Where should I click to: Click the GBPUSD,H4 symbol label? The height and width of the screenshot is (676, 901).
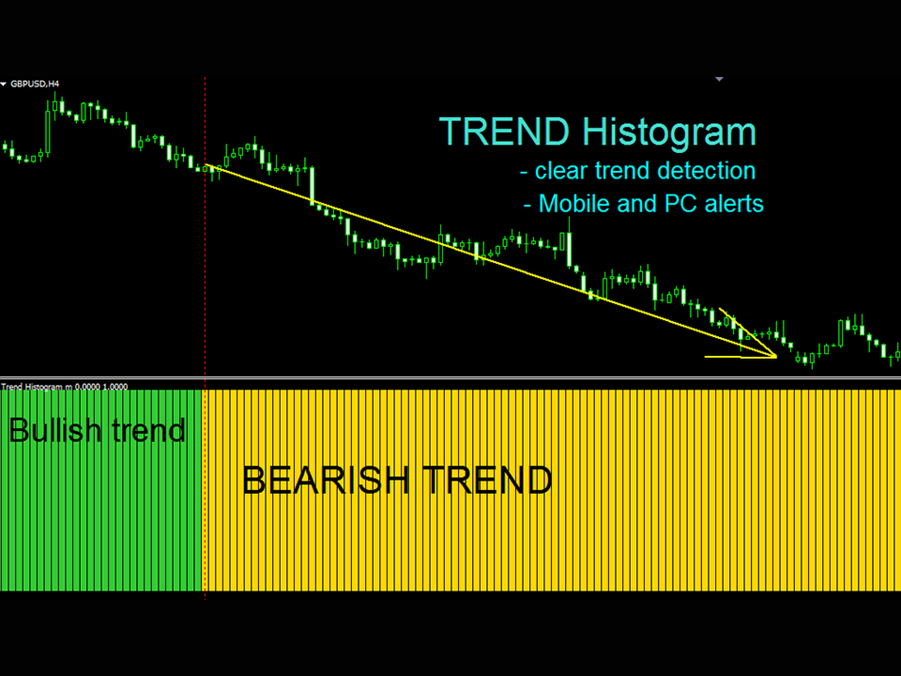coord(35,84)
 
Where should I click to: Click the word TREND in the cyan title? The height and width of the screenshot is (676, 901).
coord(505,131)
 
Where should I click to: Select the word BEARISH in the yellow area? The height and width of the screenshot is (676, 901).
coord(327,480)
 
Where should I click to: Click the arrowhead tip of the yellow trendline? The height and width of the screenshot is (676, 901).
coord(776,357)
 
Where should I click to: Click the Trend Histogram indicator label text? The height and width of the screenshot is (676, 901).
coord(65,387)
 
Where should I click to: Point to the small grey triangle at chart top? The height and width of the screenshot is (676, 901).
coord(719,79)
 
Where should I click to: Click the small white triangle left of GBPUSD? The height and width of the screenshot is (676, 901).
coord(4,84)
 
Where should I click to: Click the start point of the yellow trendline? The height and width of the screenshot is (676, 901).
coord(206,165)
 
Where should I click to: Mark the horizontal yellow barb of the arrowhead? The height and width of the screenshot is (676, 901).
coord(741,357)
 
